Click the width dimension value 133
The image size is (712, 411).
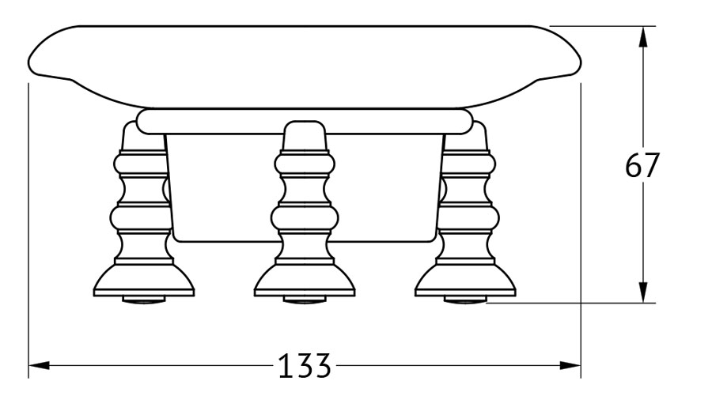304,366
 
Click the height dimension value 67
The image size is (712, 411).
641,165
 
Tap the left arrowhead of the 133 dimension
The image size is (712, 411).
39,365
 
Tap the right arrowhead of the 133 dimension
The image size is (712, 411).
570,365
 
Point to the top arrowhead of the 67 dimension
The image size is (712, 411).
642,36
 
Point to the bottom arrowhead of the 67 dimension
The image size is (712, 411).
642,292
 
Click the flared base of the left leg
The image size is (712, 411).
143,280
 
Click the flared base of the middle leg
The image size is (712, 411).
305,280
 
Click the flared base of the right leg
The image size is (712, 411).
465,280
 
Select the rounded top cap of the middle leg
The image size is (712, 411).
305,135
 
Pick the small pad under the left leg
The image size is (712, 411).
143,300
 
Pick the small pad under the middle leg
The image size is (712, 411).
305,300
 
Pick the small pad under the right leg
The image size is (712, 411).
465,300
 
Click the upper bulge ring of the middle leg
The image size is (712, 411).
305,164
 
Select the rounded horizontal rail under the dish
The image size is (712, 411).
305,121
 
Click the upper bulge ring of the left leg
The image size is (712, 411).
141,164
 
